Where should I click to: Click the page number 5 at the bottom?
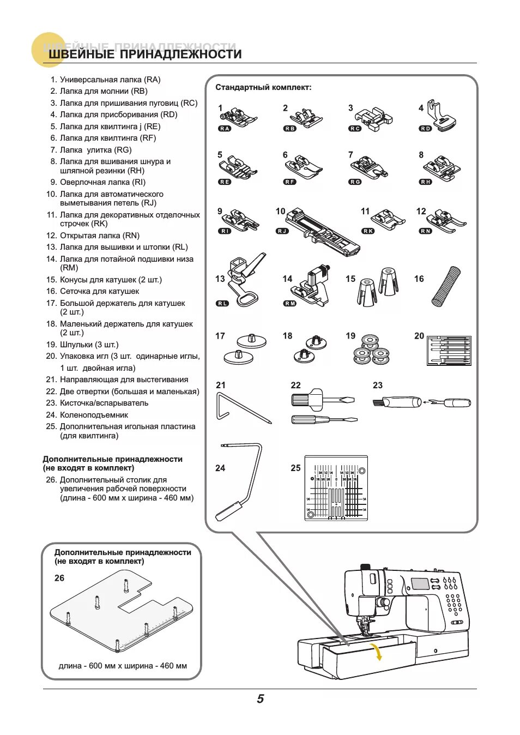[x=260, y=698]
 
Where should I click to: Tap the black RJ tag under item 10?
[x=282, y=231]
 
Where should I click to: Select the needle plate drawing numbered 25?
[x=336, y=488]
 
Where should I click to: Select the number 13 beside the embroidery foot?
[x=220, y=279]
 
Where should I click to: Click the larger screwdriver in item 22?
[x=322, y=400]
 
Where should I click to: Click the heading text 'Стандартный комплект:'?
[x=263, y=87]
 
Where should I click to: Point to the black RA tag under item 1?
[x=224, y=129]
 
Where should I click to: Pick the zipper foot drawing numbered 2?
[x=304, y=117]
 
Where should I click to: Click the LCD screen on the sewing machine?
[x=420, y=583]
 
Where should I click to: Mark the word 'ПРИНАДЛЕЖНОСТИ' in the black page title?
[x=180, y=54]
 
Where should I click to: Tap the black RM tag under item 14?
[x=290, y=303]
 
